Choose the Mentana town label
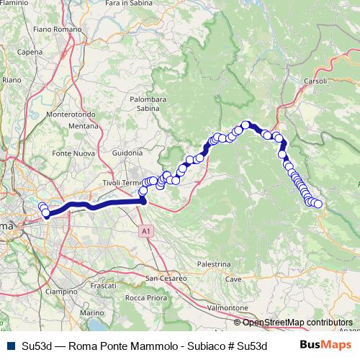pyautogui.click(x=82, y=125)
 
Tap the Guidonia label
pyautogui.click(x=128, y=153)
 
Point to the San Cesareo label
pyautogui.click(x=167, y=277)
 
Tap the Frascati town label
pyautogui.click(x=103, y=286)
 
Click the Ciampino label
pyautogui.click(x=60, y=292)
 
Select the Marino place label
pyautogui.click(x=92, y=313)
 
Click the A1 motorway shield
pyautogui.click(x=146, y=231)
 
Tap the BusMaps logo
pyautogui.click(x=325, y=344)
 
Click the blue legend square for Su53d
pyautogui.click(x=11, y=345)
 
